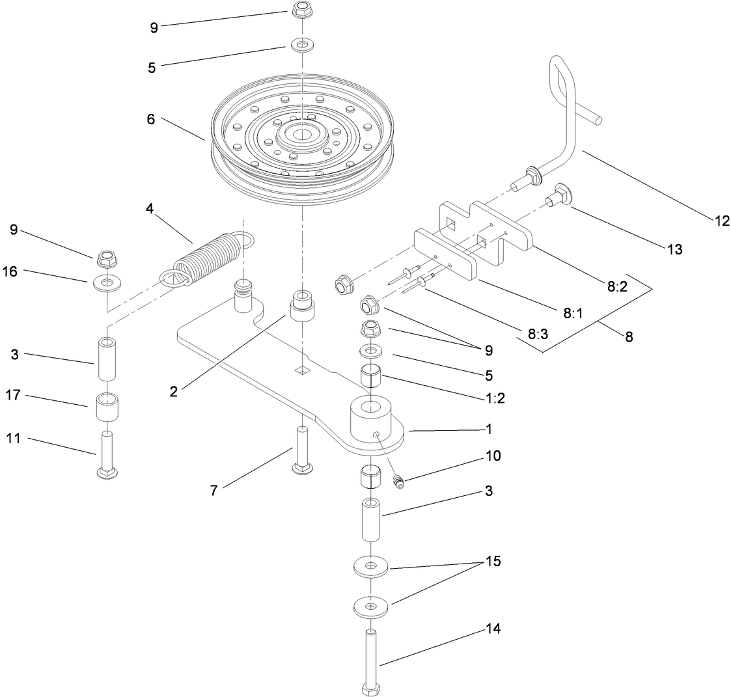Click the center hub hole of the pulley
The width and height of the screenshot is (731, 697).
coord(301,135)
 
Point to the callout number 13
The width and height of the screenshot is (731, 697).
coord(674,249)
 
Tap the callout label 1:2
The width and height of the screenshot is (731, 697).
coord(495,399)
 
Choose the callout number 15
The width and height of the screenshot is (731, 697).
coord(493,561)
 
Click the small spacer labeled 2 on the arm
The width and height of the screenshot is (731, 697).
coord(303,306)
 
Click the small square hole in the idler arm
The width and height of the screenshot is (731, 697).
coord(301,370)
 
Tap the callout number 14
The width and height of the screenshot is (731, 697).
coord(493,629)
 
